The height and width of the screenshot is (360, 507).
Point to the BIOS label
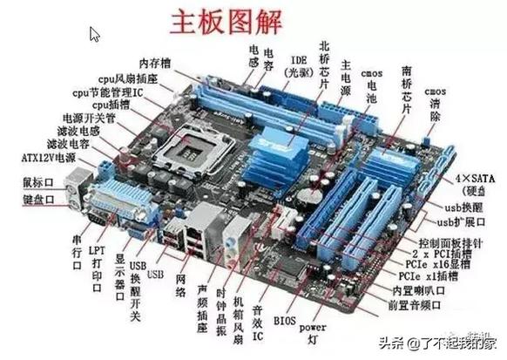point(284,321)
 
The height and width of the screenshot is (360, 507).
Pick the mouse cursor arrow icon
point(95,35)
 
